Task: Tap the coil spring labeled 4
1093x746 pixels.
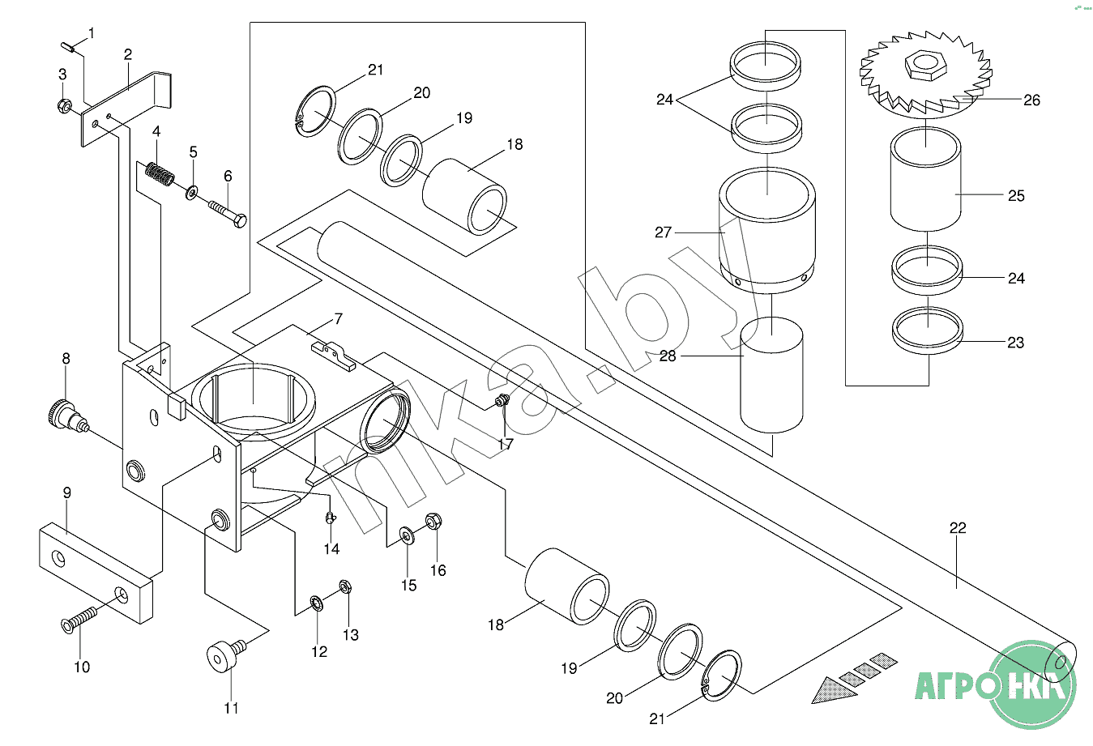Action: click(x=160, y=173)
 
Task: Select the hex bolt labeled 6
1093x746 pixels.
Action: click(x=228, y=214)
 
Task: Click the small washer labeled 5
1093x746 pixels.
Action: click(x=192, y=193)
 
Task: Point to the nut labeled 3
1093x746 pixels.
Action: click(x=64, y=105)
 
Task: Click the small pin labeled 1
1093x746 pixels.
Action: click(x=69, y=47)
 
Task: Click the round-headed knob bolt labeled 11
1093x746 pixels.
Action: click(x=226, y=655)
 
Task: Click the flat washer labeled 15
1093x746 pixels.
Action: click(x=407, y=535)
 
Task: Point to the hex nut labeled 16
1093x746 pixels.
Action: click(x=433, y=521)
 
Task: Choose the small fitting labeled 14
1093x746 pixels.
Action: click(x=331, y=517)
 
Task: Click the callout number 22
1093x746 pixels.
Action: click(x=958, y=528)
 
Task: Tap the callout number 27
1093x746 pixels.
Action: click(x=663, y=232)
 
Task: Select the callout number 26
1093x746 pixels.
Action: click(x=1031, y=100)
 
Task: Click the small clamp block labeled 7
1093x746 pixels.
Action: click(x=334, y=356)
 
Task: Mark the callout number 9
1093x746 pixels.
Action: click(x=67, y=492)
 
